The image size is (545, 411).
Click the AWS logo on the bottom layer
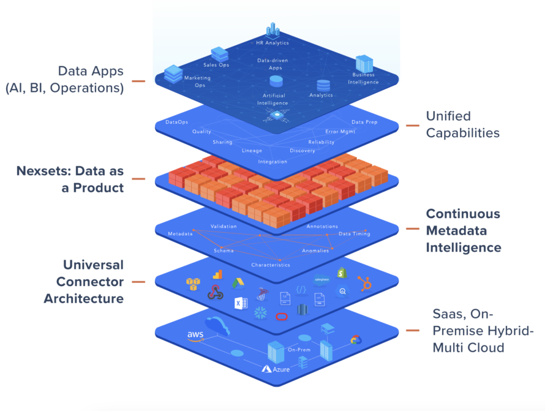tap(195, 336)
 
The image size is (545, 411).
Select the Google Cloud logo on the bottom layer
tap(356, 340)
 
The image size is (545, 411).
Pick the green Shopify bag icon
tap(341, 273)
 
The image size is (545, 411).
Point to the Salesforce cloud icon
tap(321, 281)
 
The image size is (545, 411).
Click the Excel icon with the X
tap(239, 303)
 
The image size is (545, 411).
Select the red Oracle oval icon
tap(282, 316)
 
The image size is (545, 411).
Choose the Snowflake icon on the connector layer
tap(260, 312)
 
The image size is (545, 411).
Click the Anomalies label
tap(315, 251)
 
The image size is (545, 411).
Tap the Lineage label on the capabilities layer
tap(252, 150)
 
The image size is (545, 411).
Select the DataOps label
tap(177, 123)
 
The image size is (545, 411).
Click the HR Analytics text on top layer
tap(272, 43)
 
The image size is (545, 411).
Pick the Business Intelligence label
tap(364, 78)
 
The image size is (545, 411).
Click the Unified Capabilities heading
tap(462, 124)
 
